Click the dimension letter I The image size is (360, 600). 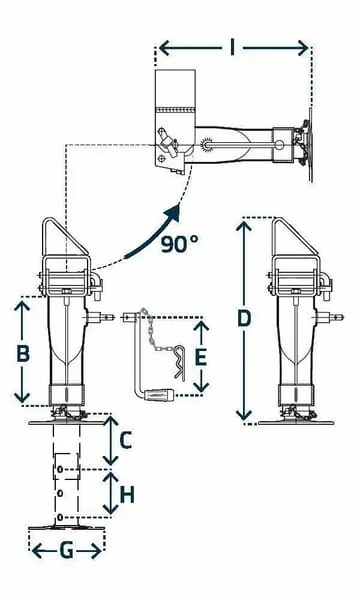232,48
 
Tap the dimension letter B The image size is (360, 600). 23,353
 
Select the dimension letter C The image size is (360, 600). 126,440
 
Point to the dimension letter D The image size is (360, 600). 244,318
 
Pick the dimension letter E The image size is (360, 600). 201,358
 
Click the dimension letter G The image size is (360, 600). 67,551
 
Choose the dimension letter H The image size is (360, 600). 127,495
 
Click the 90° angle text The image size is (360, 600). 179,244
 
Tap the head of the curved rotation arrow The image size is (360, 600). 173,212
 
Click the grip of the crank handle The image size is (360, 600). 160,394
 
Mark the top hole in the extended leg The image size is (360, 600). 60,469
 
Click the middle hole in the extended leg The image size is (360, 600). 60,494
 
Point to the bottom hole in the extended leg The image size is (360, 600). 60,518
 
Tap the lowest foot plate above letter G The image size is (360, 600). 67,528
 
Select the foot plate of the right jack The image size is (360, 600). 296,423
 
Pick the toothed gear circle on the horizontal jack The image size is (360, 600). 207,144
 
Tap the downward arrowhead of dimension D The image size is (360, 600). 244,415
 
